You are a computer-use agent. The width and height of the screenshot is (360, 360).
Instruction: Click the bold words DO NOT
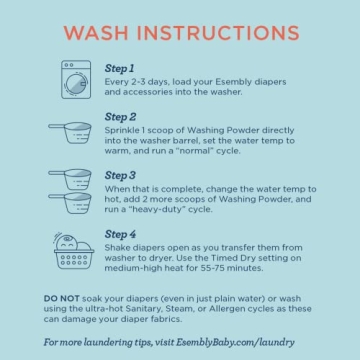pyautogui.click(x=60, y=298)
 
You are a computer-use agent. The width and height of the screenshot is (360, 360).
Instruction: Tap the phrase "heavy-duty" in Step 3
pyautogui.click(x=159, y=207)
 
